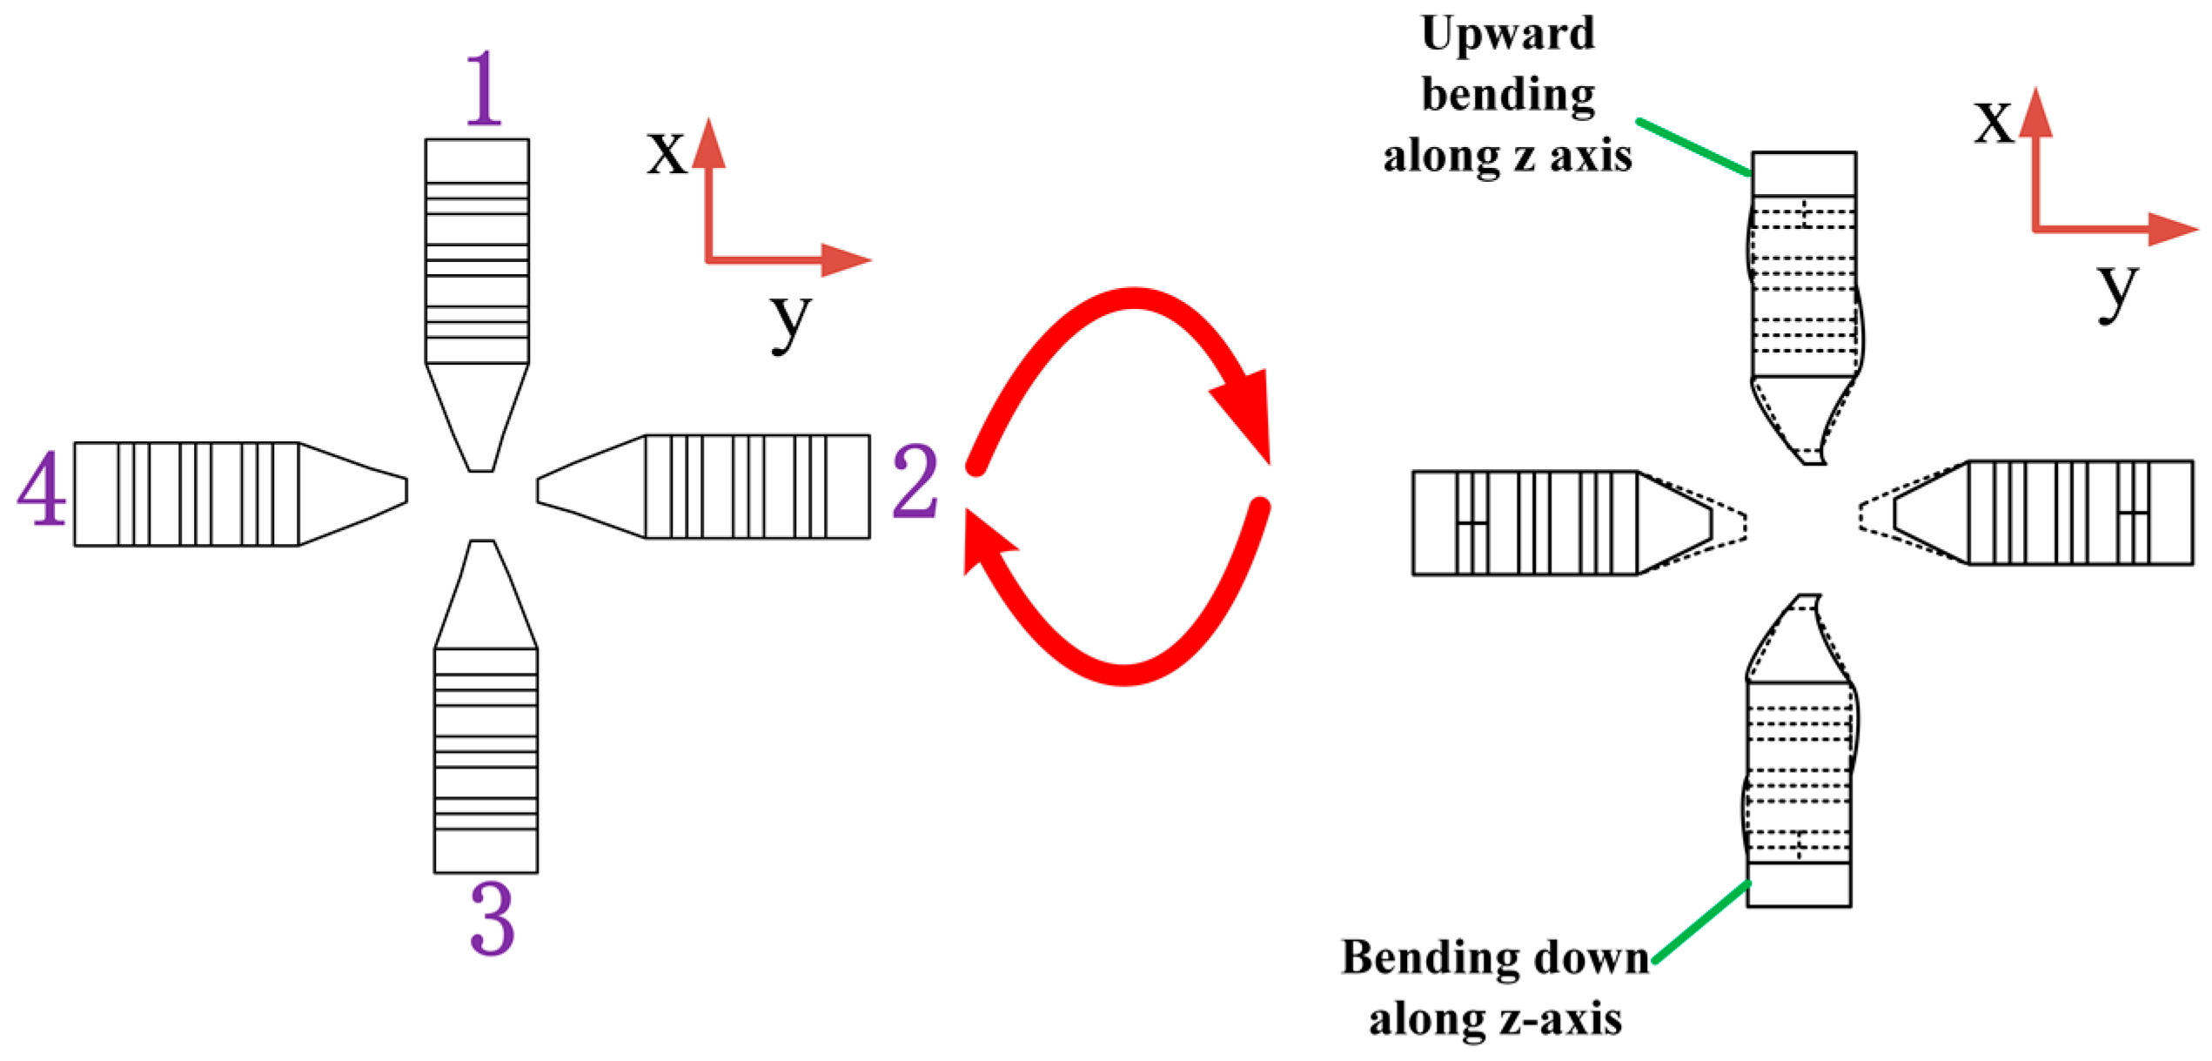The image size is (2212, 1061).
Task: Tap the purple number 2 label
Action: pyautogui.click(x=915, y=481)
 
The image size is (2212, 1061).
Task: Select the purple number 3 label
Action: pyautogui.click(x=493, y=919)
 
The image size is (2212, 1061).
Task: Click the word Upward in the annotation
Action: pyautogui.click(x=1507, y=35)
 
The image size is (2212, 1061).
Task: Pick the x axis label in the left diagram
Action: pyautogui.click(x=667, y=153)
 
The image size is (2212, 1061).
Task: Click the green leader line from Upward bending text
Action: pyautogui.click(x=1693, y=147)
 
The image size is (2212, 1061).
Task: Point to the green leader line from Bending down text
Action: pyautogui.click(x=1701, y=922)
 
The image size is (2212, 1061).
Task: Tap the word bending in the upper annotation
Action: pyautogui.click(x=1508, y=95)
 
